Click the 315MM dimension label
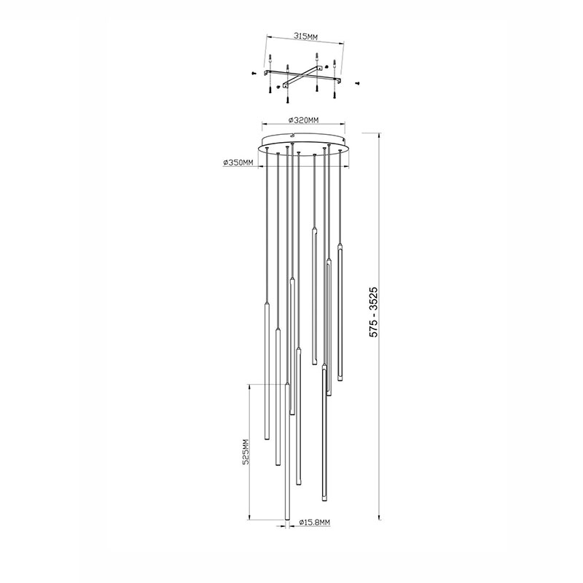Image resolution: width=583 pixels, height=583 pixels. (x=305, y=36)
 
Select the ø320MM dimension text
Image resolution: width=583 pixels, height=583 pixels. (x=304, y=120)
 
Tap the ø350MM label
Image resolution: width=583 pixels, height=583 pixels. (x=238, y=163)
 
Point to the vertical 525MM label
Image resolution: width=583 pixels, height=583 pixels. (x=245, y=451)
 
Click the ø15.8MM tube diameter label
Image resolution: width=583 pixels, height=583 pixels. (x=315, y=523)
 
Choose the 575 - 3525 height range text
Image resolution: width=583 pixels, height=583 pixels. (x=373, y=312)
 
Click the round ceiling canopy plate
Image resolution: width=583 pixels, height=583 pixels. (x=304, y=144)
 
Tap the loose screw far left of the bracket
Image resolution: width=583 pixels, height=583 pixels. (x=253, y=74)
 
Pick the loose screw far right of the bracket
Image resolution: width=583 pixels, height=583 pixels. (x=357, y=84)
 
